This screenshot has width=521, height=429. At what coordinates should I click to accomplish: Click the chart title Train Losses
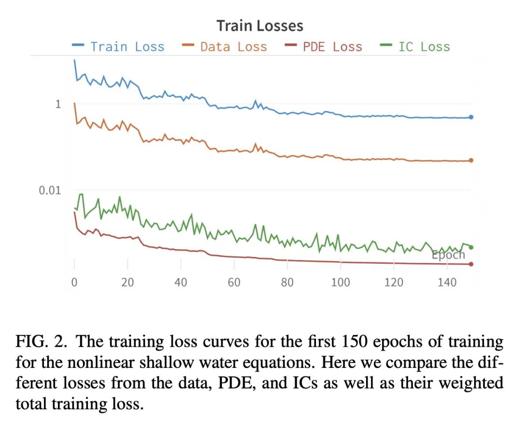click(x=260, y=26)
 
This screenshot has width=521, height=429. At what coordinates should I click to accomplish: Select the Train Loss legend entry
click(x=127, y=47)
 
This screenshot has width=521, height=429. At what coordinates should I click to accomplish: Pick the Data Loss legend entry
click(x=233, y=47)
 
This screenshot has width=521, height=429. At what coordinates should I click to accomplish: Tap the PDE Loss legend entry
click(x=332, y=47)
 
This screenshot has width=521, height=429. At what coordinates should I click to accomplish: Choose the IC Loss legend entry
click(x=424, y=47)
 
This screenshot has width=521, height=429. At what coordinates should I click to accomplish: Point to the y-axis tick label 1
click(x=58, y=104)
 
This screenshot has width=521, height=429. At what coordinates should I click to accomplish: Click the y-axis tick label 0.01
click(x=50, y=190)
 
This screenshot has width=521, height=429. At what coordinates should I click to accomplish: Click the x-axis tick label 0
click(x=74, y=282)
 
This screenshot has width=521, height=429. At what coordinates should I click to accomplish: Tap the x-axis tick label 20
click(x=127, y=282)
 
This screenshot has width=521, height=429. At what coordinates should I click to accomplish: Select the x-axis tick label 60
click(x=234, y=282)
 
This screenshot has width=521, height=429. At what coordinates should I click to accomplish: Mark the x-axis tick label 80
click(x=287, y=282)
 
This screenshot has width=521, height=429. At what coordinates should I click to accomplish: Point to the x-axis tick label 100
click(x=341, y=282)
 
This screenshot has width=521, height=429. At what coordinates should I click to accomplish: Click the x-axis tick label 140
click(x=447, y=282)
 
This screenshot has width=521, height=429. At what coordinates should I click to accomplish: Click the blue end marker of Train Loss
click(x=471, y=117)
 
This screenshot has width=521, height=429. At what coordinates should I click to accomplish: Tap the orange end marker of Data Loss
click(x=471, y=160)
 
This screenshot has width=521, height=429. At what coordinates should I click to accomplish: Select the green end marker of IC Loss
click(x=471, y=247)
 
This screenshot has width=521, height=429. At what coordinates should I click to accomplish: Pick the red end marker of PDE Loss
click(x=471, y=264)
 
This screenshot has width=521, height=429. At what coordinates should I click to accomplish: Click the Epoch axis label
click(x=448, y=255)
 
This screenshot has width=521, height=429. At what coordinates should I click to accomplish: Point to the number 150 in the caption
click(x=356, y=342)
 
